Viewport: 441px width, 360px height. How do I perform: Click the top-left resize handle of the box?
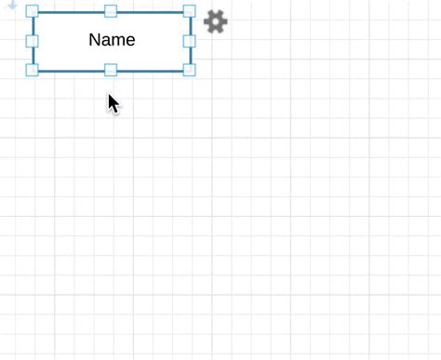click(33, 12)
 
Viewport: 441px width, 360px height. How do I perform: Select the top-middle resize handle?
click(111, 11)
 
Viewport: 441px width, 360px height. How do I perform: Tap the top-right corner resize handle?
click(189, 12)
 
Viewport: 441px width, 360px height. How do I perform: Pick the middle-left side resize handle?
click(33, 41)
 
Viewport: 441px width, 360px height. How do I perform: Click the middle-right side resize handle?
click(189, 41)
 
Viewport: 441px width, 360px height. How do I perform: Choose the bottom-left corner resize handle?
click(33, 70)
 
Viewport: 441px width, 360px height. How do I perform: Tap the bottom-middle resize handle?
click(111, 70)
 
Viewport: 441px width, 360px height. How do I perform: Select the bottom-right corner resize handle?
click(189, 70)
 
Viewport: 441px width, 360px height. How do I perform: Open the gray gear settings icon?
click(215, 21)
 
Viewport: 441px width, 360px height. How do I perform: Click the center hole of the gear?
click(215, 21)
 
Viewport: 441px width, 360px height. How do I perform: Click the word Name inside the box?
click(112, 40)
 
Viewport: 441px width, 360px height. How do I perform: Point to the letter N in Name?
click(95, 40)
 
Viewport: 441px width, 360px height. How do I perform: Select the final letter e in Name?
click(130, 41)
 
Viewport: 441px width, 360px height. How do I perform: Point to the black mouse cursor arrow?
click(114, 103)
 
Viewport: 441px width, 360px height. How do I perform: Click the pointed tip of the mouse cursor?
click(109, 94)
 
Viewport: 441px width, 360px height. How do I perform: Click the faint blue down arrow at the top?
click(12, 6)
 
